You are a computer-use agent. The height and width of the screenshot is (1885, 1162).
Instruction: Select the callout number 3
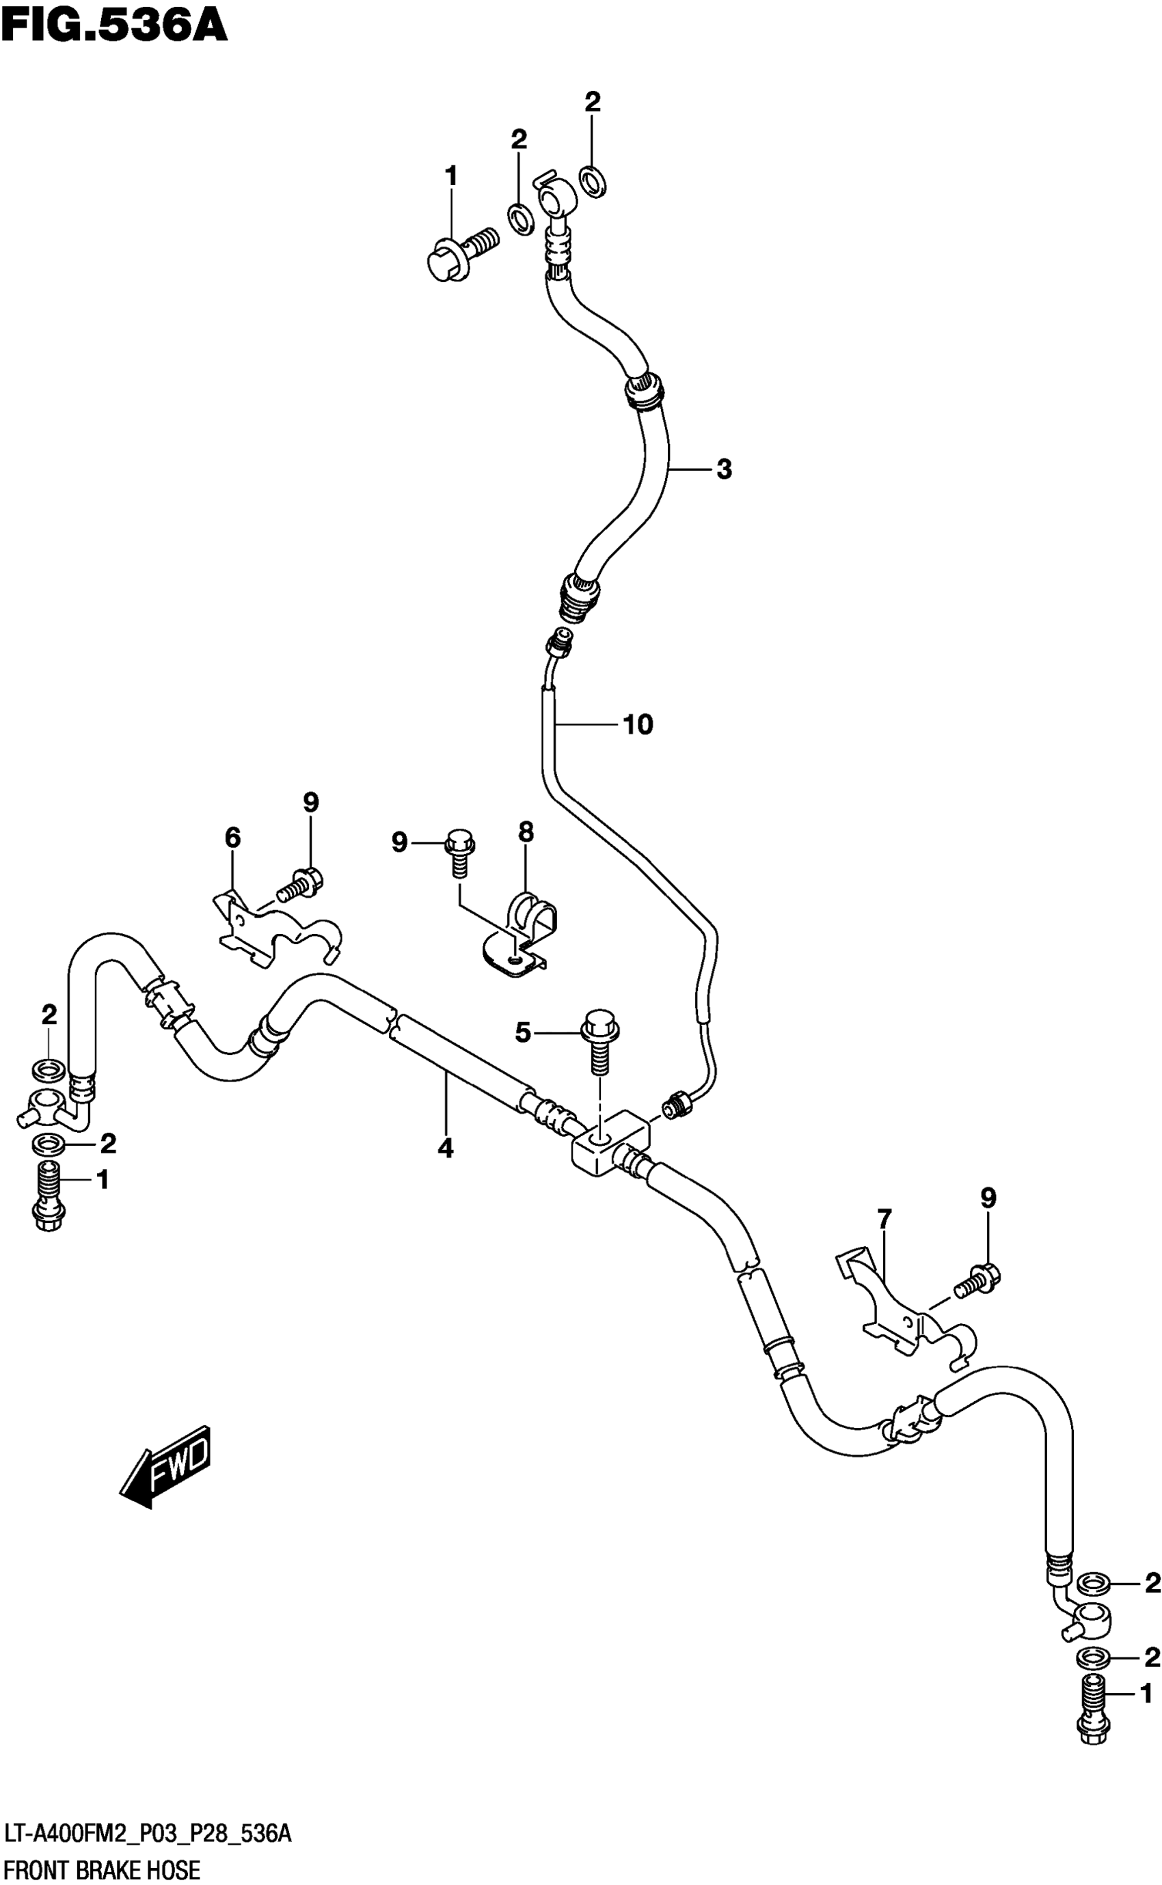click(724, 469)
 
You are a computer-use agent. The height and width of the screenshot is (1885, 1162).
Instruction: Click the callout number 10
click(638, 724)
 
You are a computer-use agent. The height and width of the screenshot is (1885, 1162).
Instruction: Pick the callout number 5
click(523, 1033)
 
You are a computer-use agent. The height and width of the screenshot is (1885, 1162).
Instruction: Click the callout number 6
click(232, 837)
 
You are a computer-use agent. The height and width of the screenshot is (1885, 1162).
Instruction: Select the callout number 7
click(884, 1218)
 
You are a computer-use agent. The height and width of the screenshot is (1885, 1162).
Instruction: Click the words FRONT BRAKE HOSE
click(103, 1865)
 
